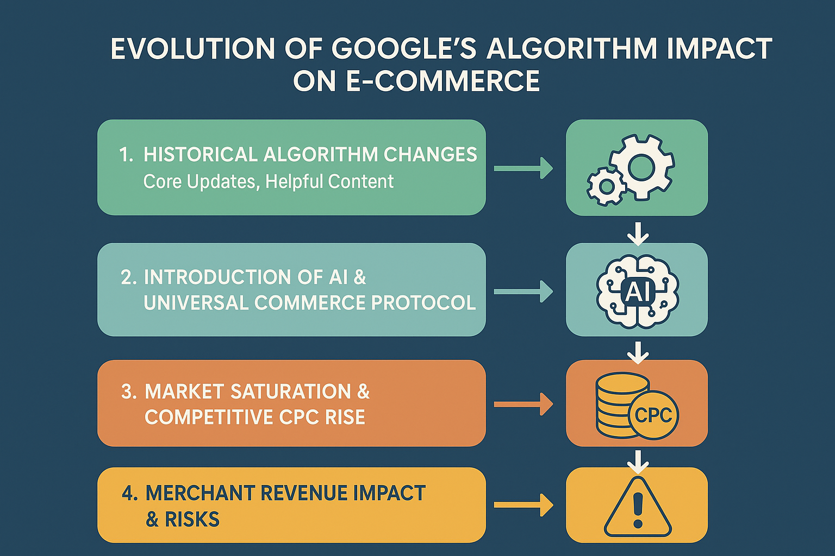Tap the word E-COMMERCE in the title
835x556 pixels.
click(x=443, y=81)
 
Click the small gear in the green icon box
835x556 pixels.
click(x=607, y=186)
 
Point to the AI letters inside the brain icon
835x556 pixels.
click(x=638, y=291)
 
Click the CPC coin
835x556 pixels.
click(x=653, y=415)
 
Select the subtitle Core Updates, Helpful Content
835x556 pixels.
click(x=269, y=182)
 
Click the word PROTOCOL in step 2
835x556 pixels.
click(x=423, y=302)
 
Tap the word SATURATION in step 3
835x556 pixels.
click(x=291, y=391)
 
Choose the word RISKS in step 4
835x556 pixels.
click(x=192, y=519)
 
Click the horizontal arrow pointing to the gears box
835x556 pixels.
click(x=524, y=168)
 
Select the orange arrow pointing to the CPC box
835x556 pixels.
click(x=524, y=404)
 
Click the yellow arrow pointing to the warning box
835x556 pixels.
click(x=524, y=506)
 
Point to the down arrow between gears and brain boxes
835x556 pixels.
click(x=638, y=234)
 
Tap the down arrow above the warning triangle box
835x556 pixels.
click(x=638, y=462)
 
